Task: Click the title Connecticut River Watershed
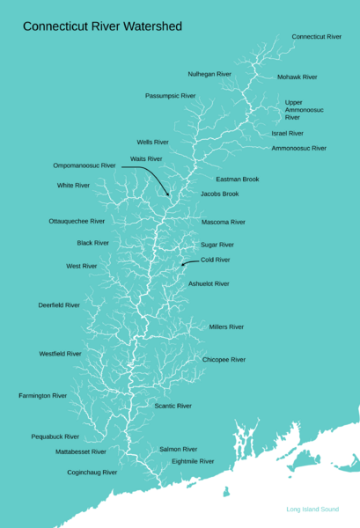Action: click(102, 26)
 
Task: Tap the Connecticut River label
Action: click(316, 37)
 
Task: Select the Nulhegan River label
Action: click(209, 74)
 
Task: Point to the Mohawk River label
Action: click(297, 77)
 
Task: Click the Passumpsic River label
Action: click(170, 95)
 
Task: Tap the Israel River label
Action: click(287, 133)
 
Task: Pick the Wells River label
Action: click(152, 142)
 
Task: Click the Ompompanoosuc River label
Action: click(84, 165)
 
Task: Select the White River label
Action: click(73, 186)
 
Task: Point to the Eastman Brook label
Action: click(237, 179)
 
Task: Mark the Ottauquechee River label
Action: click(77, 221)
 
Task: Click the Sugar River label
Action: click(217, 245)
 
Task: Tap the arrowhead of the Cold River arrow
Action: click(182, 264)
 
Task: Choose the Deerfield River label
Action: click(59, 304)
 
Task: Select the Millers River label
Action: click(226, 326)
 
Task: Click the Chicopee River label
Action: click(224, 360)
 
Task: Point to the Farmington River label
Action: click(42, 396)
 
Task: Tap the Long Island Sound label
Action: click(312, 510)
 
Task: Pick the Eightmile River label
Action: click(193, 461)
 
